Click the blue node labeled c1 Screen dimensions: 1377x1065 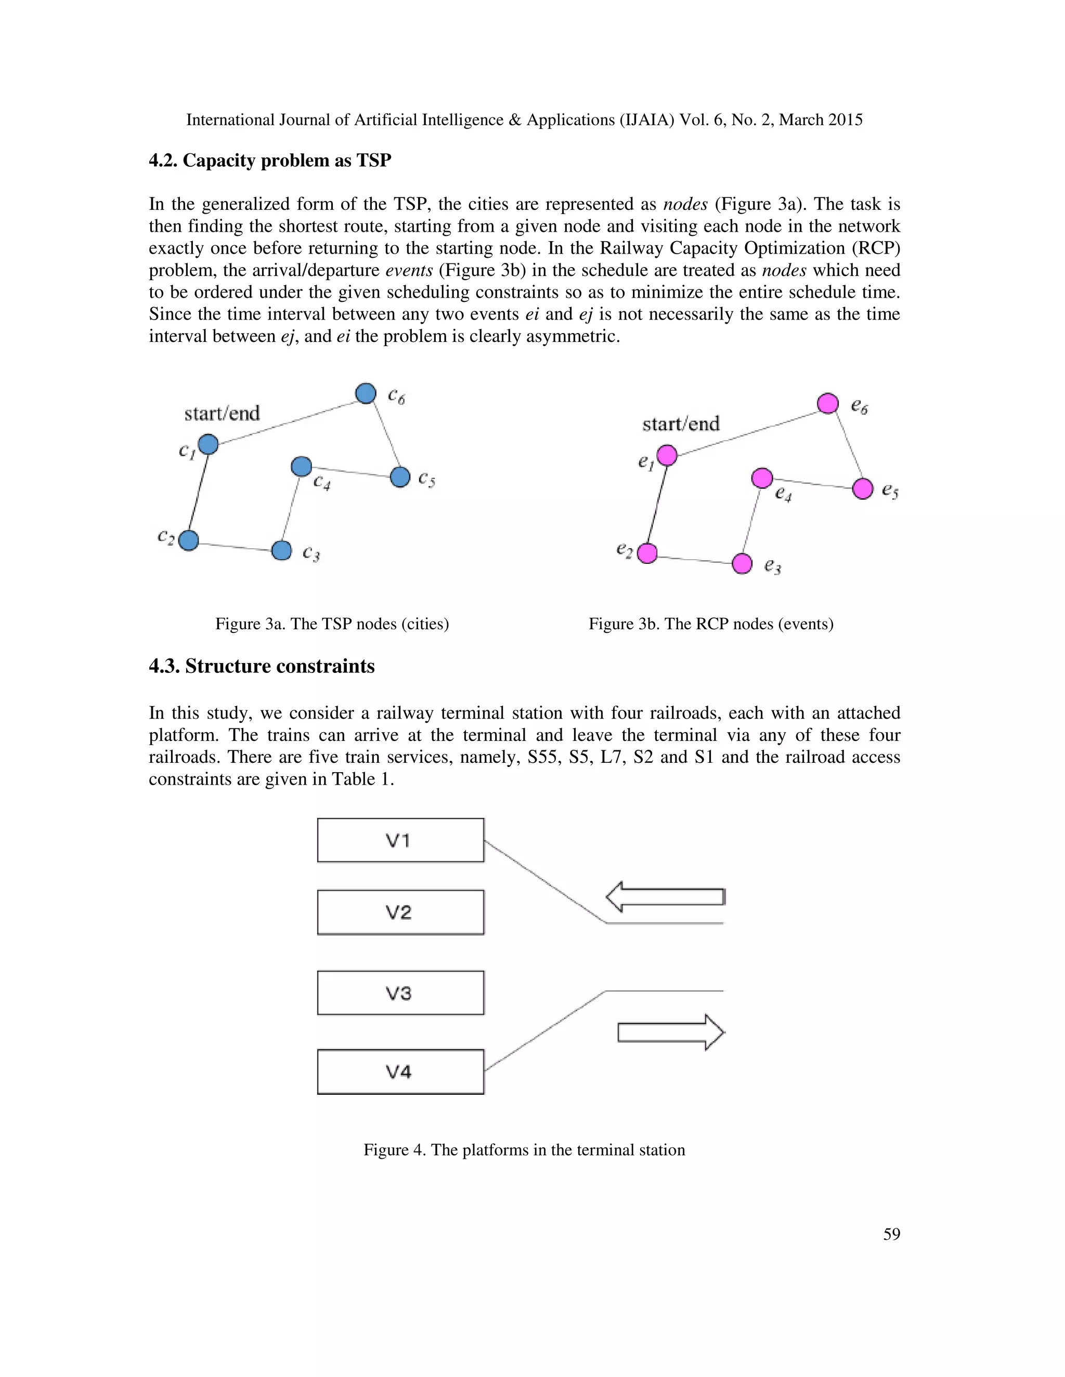(208, 444)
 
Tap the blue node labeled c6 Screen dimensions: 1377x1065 (366, 393)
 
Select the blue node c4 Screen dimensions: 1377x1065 (302, 467)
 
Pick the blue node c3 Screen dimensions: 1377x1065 (281, 550)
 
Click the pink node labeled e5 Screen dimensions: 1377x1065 (863, 488)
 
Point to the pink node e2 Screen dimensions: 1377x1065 (647, 553)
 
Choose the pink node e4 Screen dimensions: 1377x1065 (762, 478)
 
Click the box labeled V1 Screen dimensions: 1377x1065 (400, 840)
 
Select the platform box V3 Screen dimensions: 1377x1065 (400, 993)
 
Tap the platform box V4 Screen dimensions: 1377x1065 (400, 1071)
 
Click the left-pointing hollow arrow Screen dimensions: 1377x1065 (665, 896)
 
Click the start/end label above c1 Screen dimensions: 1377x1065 (222, 414)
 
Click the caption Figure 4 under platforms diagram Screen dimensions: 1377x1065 (524, 1150)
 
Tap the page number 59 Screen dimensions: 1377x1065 (891, 1235)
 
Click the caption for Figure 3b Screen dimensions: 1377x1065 (710, 624)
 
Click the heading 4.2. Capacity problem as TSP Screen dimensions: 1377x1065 (269, 161)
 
